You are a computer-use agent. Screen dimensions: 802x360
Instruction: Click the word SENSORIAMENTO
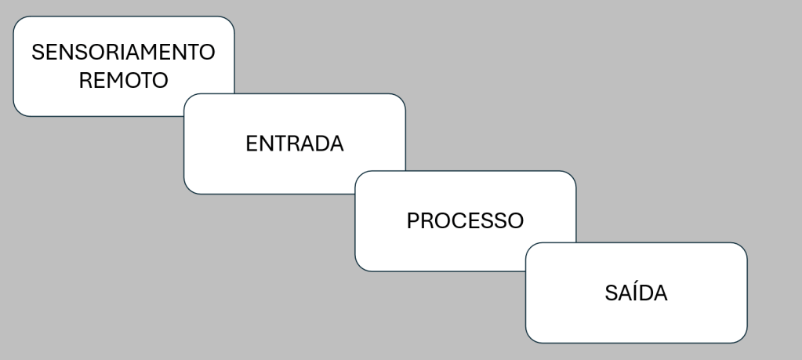123,53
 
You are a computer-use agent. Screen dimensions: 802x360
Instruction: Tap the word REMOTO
123,80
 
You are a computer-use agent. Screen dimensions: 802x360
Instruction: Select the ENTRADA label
295,144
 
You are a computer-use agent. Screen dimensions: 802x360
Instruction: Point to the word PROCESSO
465,221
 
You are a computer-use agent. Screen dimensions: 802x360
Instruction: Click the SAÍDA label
636,293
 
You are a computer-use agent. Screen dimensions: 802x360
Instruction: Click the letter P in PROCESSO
413,221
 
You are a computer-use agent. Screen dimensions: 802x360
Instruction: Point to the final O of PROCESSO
514,221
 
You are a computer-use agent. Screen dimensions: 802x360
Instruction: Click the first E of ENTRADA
252,144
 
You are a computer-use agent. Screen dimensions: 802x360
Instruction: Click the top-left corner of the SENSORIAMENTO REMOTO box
13,16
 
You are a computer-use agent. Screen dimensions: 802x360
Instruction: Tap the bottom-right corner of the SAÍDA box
747,343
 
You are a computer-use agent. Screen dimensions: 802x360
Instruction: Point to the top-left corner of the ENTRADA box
184,94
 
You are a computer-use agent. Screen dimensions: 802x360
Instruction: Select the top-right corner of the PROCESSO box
576,171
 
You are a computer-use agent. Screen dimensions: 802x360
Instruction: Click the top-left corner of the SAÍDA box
526,243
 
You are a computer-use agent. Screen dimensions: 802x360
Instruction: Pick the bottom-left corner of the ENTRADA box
184,194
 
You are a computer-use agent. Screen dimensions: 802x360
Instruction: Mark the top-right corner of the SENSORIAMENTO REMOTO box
234,16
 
